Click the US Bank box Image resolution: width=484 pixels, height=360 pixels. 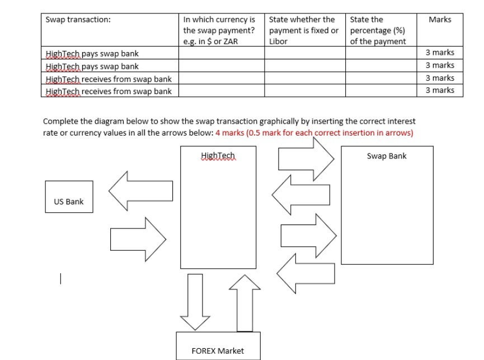(69, 197)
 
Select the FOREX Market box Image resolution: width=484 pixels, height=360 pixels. (218, 345)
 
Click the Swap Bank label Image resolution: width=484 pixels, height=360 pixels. (386, 156)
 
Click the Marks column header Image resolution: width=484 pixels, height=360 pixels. (439, 20)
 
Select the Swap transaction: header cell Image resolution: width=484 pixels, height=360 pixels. (78, 20)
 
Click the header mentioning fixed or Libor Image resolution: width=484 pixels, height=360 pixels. (304, 30)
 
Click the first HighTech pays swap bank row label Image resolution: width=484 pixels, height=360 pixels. (92, 54)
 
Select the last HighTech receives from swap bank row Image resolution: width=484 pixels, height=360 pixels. (108, 91)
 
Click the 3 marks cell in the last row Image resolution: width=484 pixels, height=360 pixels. (440, 90)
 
